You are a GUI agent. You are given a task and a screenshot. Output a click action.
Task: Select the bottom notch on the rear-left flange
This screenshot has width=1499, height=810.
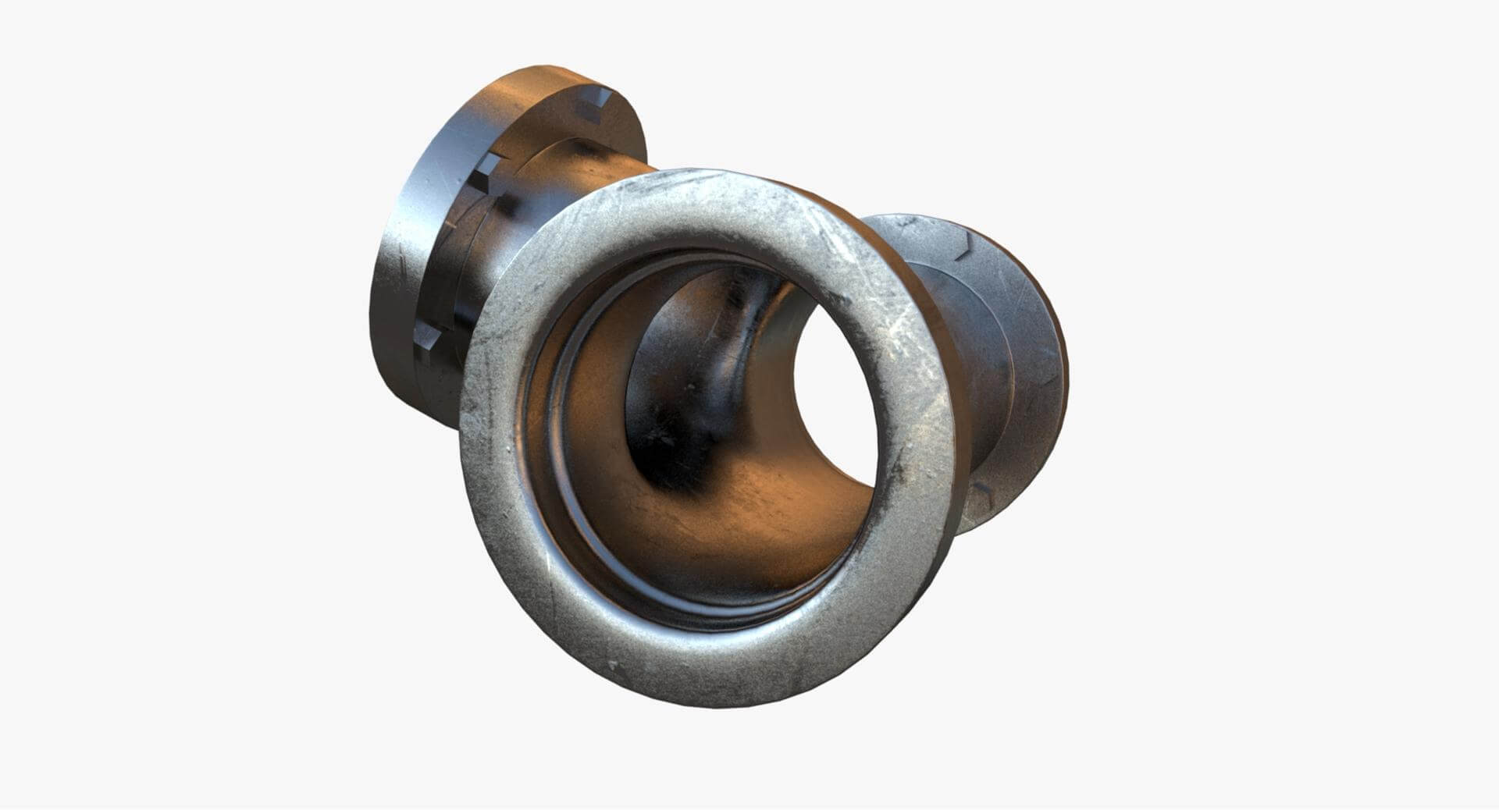pyautogui.click(x=429, y=339)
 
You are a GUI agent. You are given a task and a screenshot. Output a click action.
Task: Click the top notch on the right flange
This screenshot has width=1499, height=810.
pyautogui.click(x=967, y=243)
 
